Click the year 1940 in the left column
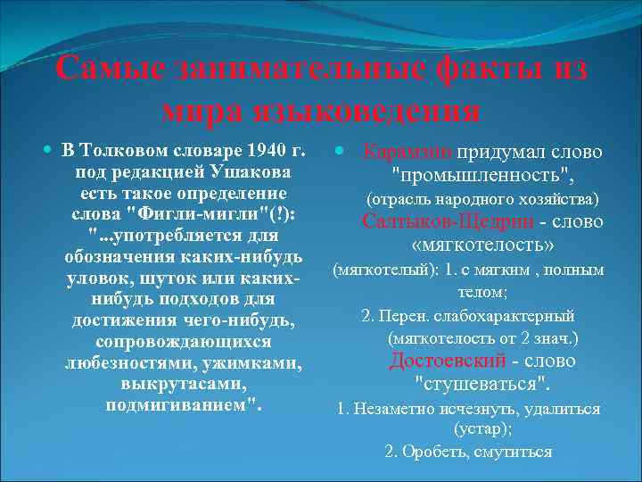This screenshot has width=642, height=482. coord(251,147)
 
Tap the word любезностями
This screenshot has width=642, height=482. coord(128,363)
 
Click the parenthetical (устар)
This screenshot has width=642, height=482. coord(482,428)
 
